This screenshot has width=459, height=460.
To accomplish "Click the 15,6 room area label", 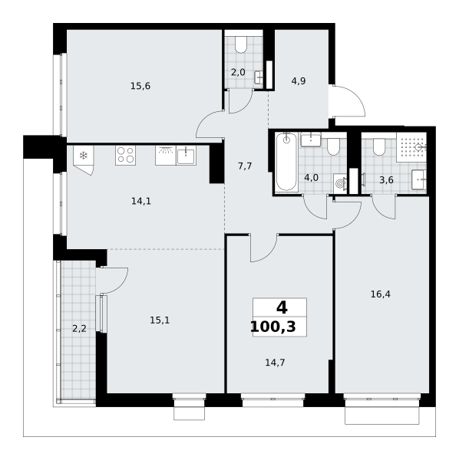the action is pos(140,86).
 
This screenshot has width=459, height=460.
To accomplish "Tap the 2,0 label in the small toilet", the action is pos(238,72).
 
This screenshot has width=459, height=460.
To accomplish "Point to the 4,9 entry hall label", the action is pos(299,81).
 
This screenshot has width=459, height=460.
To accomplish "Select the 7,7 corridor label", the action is pos(245,166).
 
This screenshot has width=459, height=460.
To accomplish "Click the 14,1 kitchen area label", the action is pos(141,201).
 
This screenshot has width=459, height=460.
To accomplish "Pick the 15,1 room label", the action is pos(160,320).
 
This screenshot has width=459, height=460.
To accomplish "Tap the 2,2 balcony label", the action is pos(79,329).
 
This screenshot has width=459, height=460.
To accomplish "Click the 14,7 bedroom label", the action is pos(275,363).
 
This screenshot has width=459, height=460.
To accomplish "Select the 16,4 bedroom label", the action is pos(380,294).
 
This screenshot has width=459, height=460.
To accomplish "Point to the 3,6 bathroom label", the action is pos(386,180).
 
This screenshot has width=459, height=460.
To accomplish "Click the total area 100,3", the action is pos(273,327).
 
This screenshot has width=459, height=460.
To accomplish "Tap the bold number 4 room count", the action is pos(282,308).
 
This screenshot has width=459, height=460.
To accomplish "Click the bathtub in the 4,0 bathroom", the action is pos(286,162).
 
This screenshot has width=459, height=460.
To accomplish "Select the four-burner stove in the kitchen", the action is pos(125,155).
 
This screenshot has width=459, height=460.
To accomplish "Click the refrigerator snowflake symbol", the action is pos(84,156).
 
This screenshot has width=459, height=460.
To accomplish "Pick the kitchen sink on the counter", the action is pos(186,155).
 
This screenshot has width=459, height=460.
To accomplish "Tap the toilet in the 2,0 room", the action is pos(241,44).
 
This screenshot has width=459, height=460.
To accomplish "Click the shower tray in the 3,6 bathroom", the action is pos(411,147).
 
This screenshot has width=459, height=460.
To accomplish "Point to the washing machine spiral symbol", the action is pos(340,184).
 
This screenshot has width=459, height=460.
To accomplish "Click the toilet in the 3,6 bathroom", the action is pos(379,146).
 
